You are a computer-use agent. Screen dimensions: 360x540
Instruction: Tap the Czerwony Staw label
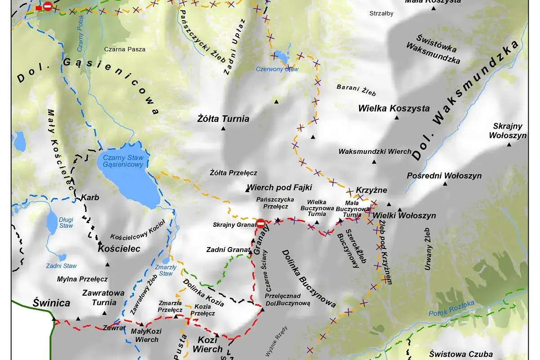click(x=277, y=69)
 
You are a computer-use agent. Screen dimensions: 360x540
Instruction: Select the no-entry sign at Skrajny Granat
click(x=261, y=223)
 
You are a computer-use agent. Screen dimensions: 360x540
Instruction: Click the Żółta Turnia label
click(x=223, y=119)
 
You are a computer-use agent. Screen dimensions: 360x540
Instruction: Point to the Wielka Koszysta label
click(x=394, y=108)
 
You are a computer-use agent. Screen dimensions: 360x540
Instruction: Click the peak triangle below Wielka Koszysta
click(x=397, y=118)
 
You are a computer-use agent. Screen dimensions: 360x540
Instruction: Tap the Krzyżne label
click(x=371, y=190)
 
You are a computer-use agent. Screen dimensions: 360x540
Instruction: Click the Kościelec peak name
click(x=119, y=248)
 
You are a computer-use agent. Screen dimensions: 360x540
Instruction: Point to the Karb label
click(x=90, y=198)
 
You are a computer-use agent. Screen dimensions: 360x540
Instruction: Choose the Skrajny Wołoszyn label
click(x=509, y=130)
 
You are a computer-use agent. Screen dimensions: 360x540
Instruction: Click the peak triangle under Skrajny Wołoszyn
click(x=509, y=144)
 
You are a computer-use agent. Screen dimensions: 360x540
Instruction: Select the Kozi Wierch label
click(x=207, y=344)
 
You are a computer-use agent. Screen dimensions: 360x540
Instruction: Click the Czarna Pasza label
click(x=125, y=49)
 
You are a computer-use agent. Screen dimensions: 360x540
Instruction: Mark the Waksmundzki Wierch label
click(x=374, y=152)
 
